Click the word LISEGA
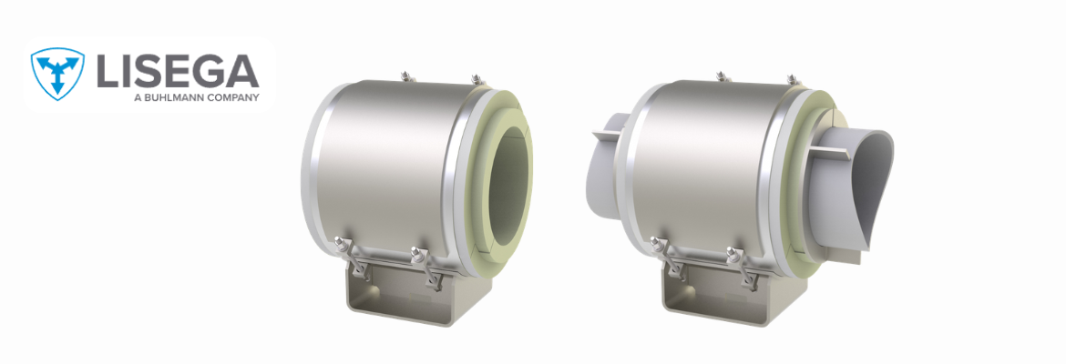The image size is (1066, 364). tap(178, 71)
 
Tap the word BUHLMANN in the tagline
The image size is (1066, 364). tap(173, 97)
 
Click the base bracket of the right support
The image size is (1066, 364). tap(721, 292)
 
